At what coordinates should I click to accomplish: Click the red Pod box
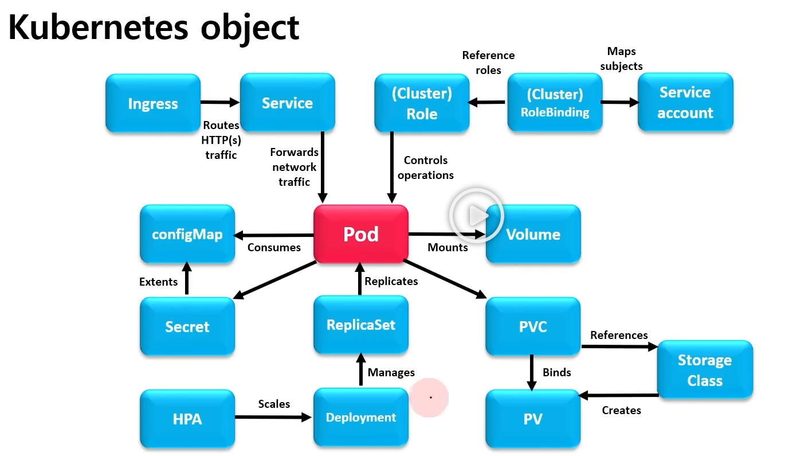pyautogui.click(x=361, y=234)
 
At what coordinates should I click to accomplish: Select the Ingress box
pyautogui.click(x=153, y=104)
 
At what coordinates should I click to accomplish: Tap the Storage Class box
pyautogui.click(x=705, y=370)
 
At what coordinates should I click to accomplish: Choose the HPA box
pyautogui.click(x=187, y=419)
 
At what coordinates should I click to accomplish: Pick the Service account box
pyautogui.click(x=685, y=103)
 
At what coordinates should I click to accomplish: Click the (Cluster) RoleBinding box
pyautogui.click(x=555, y=103)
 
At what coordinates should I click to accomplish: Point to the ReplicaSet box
pyautogui.click(x=361, y=325)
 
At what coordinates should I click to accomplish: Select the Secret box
pyautogui.click(x=187, y=327)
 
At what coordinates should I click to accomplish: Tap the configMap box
pyautogui.click(x=187, y=234)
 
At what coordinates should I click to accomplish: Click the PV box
pyautogui.click(x=533, y=419)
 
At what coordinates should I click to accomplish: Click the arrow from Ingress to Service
pyautogui.click(x=220, y=103)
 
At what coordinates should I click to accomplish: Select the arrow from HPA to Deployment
pyautogui.click(x=274, y=417)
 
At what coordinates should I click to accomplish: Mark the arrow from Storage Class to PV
pyautogui.click(x=619, y=395)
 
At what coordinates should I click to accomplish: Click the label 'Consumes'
pyautogui.click(x=274, y=247)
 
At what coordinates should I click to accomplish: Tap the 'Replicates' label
pyautogui.click(x=391, y=281)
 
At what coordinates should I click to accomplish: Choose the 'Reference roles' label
pyautogui.click(x=488, y=63)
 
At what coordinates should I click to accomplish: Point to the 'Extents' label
pyautogui.click(x=158, y=282)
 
